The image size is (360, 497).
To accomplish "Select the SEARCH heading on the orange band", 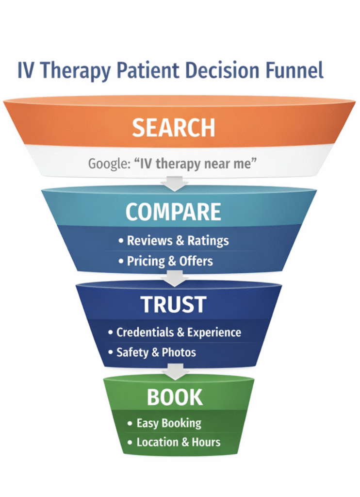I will pos(173,127).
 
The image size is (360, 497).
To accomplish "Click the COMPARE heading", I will pos(173,212).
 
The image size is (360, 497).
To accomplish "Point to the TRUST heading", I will pos(173,304).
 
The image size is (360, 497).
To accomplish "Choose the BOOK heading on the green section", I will pos(175,397).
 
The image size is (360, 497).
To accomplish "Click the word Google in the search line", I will pos(105,164).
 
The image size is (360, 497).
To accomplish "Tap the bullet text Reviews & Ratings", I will pos(178,240).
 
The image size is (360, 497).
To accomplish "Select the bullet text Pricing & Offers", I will pos(170,261).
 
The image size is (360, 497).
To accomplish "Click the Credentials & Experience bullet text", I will pos(179,332).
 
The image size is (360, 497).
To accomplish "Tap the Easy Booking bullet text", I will pos(169,423).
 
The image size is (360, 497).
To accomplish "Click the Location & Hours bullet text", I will pos(178,442).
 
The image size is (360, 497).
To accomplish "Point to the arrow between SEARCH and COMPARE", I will pos(174,182).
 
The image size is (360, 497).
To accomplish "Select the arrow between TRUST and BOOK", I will pos(174,371).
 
